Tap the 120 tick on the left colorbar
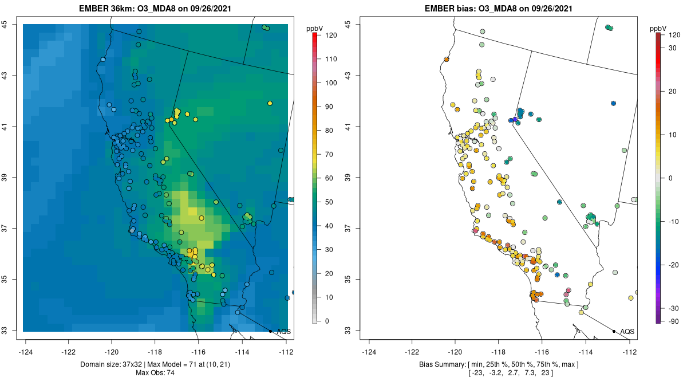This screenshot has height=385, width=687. (330, 35)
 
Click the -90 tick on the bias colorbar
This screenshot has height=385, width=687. (673, 321)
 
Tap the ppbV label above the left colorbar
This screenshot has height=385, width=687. (315, 28)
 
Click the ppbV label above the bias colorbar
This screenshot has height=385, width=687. (658, 28)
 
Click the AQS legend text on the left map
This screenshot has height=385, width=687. (283, 331)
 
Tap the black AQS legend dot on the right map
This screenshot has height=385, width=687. (614, 331)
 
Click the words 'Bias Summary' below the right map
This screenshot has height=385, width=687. (439, 364)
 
